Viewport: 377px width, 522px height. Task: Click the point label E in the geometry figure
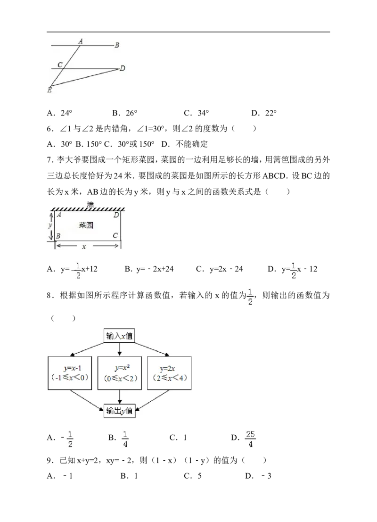point(49,90)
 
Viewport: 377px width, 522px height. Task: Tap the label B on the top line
point(117,45)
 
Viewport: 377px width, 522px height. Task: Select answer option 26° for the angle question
point(125,113)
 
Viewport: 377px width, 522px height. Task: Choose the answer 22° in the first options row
point(264,113)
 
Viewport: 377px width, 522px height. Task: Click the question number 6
point(49,129)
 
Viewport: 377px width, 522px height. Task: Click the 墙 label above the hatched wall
point(90,204)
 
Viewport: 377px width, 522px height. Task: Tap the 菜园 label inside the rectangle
point(86,225)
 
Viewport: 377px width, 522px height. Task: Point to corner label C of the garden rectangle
point(115,236)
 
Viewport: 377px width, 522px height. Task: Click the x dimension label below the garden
point(84,247)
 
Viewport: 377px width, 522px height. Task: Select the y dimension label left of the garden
point(50,225)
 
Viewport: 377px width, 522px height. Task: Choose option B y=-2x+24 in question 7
point(149,269)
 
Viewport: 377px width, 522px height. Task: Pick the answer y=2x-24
point(220,269)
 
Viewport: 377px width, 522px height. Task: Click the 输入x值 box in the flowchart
point(119,336)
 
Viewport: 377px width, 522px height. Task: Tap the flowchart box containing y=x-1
point(70,373)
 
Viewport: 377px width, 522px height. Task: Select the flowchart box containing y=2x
point(169,373)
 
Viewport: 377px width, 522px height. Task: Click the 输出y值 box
point(119,411)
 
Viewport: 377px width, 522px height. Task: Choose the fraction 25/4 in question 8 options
point(250,439)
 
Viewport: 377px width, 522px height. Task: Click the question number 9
point(49,460)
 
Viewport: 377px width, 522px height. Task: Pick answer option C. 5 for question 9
point(193,476)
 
